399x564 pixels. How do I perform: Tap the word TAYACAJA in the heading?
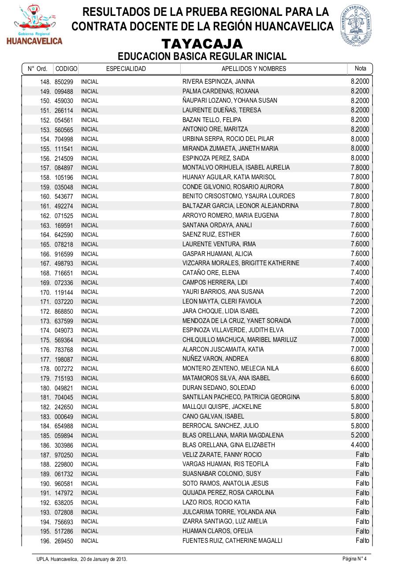202,44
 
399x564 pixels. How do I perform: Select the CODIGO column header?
66,69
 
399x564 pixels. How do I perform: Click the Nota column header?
360,68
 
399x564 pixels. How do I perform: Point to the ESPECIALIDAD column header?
126,69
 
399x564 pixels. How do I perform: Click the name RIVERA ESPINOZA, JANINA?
218,82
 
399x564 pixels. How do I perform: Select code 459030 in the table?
64,101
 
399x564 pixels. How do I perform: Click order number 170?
46,292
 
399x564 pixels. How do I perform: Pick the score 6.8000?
360,359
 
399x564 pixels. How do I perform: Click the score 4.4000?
360,445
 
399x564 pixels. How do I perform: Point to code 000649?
64,417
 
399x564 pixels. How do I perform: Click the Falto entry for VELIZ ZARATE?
362,455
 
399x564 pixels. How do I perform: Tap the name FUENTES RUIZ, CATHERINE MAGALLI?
232,541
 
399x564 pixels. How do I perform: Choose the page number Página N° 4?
354,559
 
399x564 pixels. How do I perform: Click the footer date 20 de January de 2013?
104,559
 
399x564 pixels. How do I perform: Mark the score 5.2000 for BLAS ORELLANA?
360,435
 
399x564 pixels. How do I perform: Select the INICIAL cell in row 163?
89,225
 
